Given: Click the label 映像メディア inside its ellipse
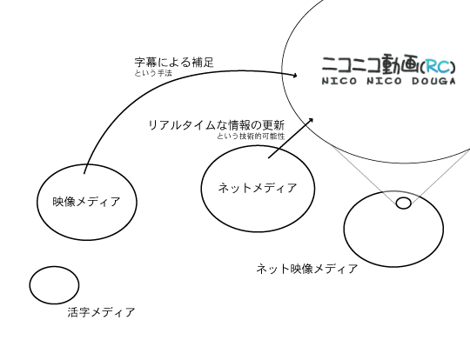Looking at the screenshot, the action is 86,202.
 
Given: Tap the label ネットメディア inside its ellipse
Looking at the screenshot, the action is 258,188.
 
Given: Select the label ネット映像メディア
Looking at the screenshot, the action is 307,269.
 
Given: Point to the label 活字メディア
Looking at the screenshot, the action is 101,312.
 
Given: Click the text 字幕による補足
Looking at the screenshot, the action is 174,63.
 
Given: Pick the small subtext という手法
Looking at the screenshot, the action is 153,73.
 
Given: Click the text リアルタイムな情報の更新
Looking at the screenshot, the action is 217,125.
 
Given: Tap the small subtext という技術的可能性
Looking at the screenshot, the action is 251,137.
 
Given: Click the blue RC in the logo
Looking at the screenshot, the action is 438,66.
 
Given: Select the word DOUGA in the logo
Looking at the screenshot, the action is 433,81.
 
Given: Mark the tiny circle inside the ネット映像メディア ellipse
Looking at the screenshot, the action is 404,203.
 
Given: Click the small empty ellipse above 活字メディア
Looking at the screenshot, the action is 54,285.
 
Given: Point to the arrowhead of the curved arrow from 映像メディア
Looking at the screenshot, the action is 295,75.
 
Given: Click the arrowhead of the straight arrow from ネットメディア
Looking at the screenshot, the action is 311,120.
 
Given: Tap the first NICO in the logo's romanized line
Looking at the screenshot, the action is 339,81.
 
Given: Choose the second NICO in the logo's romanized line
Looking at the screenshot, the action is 385,81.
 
